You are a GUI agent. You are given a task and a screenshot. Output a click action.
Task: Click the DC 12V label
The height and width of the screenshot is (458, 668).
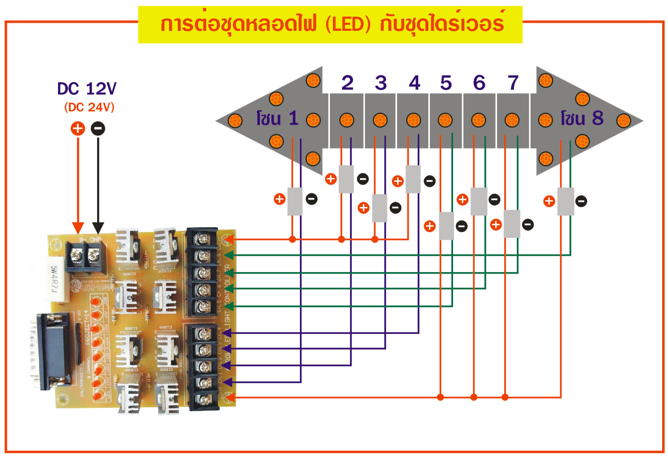click(87, 89)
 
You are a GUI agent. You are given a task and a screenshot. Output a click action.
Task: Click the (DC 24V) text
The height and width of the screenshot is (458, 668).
click(89, 107)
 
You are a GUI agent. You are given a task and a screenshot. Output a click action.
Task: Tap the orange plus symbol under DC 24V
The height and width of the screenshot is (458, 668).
click(78, 128)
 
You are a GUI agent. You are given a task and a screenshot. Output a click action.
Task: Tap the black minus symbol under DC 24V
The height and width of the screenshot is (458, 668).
click(98, 128)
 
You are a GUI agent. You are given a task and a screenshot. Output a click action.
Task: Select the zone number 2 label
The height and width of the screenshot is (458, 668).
click(347, 83)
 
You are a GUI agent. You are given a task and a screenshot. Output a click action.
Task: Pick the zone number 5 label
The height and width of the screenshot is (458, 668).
click(446, 83)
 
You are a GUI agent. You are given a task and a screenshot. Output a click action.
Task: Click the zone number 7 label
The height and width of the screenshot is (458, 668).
click(513, 83)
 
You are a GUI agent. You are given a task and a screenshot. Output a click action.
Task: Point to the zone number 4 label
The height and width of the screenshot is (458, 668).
click(414, 83)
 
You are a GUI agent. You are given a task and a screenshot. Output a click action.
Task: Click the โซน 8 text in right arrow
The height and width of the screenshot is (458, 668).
click(582, 118)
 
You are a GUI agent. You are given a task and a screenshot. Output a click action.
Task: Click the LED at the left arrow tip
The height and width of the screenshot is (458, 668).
click(235, 120)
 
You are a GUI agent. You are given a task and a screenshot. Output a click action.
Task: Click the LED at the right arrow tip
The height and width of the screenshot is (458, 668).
click(624, 120)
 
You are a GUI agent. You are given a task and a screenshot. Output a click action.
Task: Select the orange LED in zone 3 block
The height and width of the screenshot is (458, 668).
click(380, 120)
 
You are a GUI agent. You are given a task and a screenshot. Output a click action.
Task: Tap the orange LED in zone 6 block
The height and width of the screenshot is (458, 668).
click(478, 120)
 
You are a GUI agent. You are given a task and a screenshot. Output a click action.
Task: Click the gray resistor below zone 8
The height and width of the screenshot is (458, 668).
click(566, 201)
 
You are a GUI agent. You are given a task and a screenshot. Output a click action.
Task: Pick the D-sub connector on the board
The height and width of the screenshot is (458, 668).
click(51, 350)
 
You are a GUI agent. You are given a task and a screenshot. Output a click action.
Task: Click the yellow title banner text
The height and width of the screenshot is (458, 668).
click(330, 24)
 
